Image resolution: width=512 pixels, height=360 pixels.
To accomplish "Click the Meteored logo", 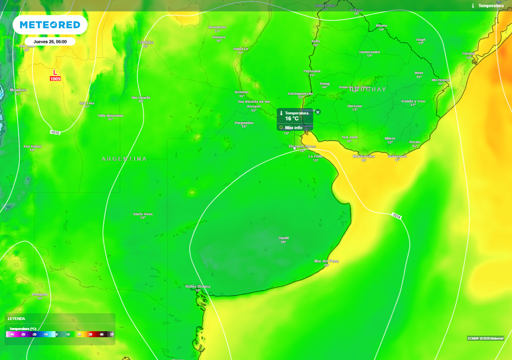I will [49, 24].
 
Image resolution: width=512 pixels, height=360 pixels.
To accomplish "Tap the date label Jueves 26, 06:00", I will [50, 41].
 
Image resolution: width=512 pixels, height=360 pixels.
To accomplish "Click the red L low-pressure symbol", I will [55, 73].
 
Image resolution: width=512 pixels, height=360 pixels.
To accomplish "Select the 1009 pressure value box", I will [55, 79].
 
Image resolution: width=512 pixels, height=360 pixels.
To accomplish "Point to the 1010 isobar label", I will [55, 132].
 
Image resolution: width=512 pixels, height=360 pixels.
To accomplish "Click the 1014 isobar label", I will [396, 216].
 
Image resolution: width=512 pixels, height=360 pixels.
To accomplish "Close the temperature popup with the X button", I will [317, 112].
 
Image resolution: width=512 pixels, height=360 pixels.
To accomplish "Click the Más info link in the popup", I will [294, 127].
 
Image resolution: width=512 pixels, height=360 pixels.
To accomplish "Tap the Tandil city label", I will [283, 238].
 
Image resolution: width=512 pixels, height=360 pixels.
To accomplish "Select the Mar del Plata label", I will [326, 261].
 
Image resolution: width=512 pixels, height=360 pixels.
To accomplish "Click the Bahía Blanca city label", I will [197, 286].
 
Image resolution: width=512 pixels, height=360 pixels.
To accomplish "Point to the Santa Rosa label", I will [143, 214].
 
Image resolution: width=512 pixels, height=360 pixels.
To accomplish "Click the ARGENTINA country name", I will [124, 159].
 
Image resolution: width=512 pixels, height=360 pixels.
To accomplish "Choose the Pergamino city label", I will [244, 122].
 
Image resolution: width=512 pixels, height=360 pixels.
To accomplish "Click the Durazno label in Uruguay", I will [355, 106].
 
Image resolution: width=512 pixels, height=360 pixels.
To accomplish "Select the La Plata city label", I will [315, 156].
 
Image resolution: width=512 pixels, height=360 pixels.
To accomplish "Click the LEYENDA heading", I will [16, 318].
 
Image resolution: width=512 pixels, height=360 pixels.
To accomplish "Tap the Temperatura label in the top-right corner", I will [490, 5].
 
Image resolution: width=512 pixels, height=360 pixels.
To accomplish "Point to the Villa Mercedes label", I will [110, 115].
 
